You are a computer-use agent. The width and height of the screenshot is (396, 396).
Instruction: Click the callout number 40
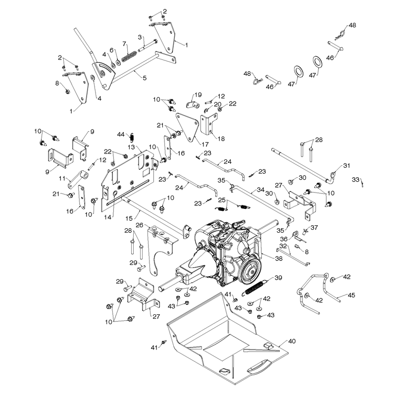[x=292, y=341]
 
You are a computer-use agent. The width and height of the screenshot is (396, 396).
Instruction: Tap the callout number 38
[x=279, y=258]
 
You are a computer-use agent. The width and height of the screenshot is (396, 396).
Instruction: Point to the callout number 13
[x=131, y=147]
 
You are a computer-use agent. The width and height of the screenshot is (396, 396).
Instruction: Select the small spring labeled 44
[x=132, y=138]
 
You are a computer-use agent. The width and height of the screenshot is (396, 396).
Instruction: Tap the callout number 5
[x=145, y=78]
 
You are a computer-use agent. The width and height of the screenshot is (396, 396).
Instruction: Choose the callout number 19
[x=198, y=95]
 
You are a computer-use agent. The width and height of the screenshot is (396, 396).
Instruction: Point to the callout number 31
[x=347, y=165]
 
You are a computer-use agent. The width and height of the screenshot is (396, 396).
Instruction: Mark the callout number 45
[x=351, y=295]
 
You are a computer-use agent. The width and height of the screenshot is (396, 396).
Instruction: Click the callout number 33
[x=355, y=179]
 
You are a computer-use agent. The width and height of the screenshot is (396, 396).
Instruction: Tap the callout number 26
[x=140, y=225]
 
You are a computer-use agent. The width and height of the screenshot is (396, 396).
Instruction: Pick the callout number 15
[x=129, y=218]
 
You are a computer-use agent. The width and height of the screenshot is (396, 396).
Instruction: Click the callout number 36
[x=284, y=239]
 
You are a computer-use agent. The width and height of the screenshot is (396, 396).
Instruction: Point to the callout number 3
[x=140, y=38]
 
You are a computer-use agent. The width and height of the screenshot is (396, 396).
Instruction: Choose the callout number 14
[x=107, y=217]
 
